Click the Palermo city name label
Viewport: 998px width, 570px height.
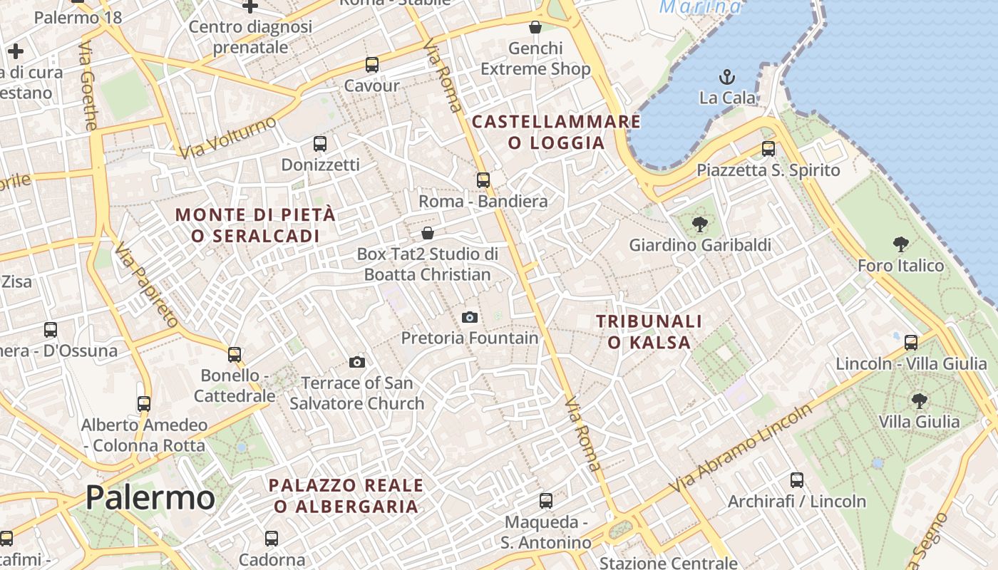point(150,497)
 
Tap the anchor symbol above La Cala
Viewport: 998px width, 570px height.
point(727,77)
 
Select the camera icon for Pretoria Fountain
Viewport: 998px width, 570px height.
point(470,317)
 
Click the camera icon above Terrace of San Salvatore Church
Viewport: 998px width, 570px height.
point(357,362)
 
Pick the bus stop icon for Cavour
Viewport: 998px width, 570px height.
point(371,65)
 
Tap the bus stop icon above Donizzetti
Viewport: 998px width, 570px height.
point(320,144)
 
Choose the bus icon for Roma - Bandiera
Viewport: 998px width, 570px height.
point(483,180)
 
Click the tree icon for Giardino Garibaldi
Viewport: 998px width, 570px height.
point(700,224)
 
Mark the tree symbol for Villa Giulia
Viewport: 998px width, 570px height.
point(919,401)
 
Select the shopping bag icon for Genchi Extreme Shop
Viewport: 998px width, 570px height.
point(535,28)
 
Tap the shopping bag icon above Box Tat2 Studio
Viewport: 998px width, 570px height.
point(428,233)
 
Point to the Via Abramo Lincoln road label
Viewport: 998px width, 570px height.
point(741,447)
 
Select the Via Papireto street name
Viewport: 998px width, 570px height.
point(145,284)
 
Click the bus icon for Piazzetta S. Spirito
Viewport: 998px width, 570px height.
point(768,149)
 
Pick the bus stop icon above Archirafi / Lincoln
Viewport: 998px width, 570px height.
point(797,480)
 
